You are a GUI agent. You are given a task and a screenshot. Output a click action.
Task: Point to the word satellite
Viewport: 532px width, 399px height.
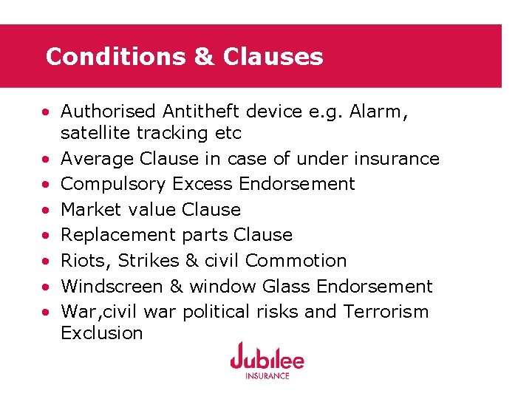tap(93, 133)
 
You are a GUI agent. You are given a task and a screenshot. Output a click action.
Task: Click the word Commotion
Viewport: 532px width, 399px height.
tap(296, 261)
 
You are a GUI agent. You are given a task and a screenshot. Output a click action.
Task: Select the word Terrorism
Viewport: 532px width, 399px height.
tap(386, 311)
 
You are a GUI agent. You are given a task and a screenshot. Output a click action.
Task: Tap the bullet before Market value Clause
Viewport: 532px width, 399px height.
tap(46, 210)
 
